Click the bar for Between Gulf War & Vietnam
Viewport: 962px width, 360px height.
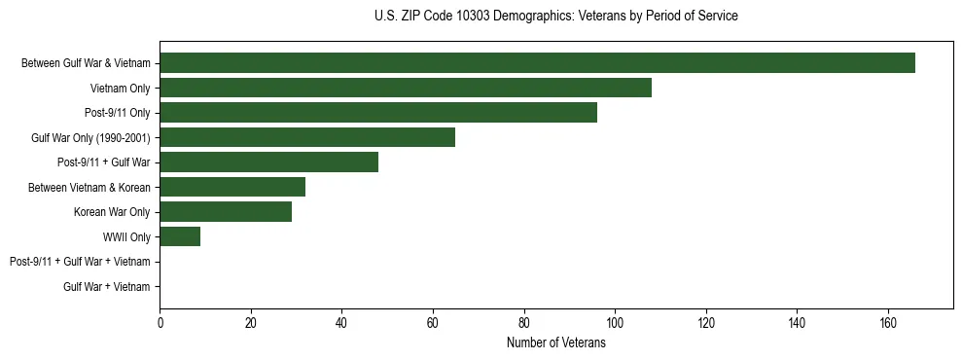tap(537, 63)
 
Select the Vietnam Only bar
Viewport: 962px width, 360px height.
tap(406, 89)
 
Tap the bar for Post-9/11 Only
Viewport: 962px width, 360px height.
tap(378, 113)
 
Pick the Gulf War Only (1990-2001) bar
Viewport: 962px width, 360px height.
tap(307, 138)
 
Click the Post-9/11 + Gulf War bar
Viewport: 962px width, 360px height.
tap(268, 162)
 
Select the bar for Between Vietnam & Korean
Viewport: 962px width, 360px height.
tap(232, 187)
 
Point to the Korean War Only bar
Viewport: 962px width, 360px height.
tap(226, 212)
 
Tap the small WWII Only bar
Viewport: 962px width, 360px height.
tap(180, 236)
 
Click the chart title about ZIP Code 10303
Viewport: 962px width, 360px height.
tap(555, 17)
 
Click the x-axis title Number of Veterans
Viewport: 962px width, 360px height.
tap(555, 343)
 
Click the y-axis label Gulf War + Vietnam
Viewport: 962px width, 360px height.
tap(107, 286)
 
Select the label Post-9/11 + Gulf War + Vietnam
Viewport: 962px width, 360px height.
tap(80, 262)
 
